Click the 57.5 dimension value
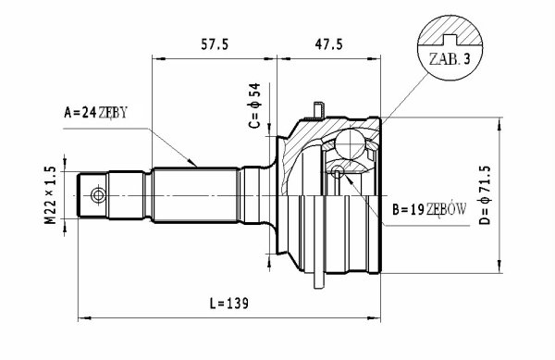[x=215, y=44]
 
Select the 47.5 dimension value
[x=328, y=44]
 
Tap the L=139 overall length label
[x=229, y=304]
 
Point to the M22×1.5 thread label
[x=50, y=195]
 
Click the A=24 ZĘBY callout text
[x=95, y=113]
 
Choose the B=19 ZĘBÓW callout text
[x=429, y=209]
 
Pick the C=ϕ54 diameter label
[x=254, y=106]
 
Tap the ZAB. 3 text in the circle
[x=450, y=59]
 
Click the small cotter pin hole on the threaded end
[x=98, y=195]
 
